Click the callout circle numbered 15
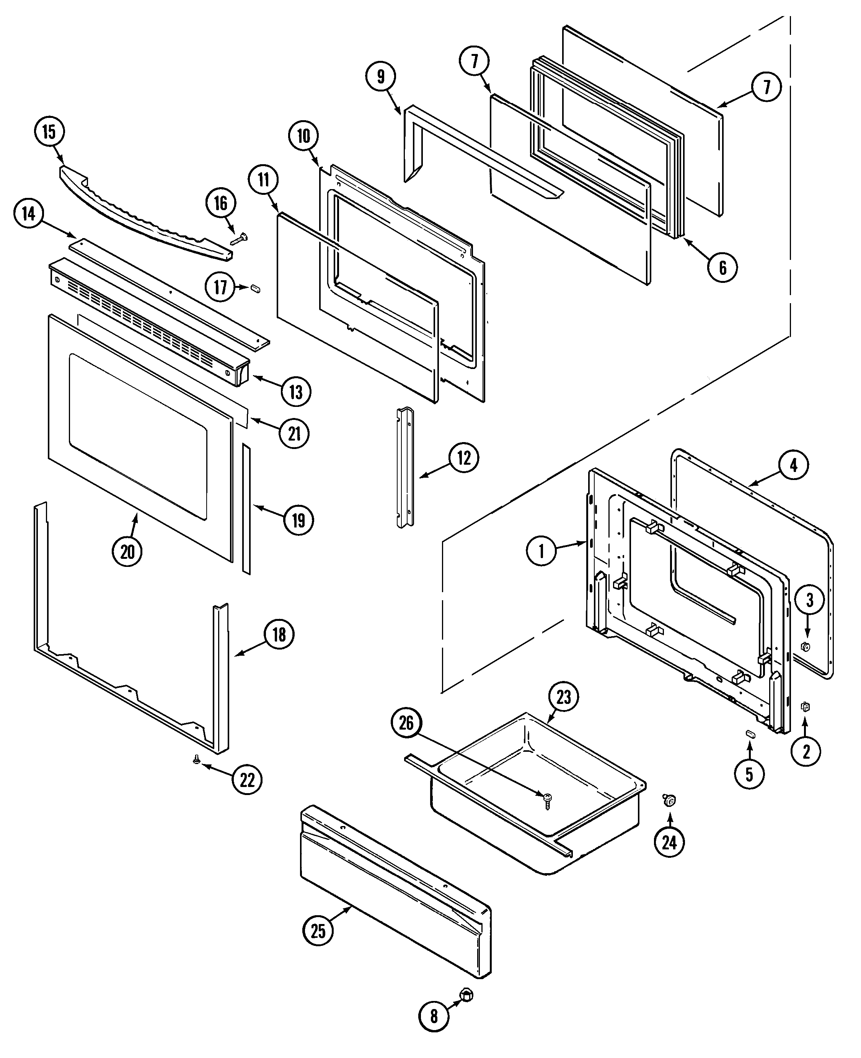[49, 132]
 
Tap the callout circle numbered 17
[220, 287]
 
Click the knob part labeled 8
[467, 994]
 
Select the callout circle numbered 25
[318, 931]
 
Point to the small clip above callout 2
[806, 707]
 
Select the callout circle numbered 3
[809, 600]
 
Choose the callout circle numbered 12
[464, 458]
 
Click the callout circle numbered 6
[722, 268]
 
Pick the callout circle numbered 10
[303, 136]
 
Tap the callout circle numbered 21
[295, 434]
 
